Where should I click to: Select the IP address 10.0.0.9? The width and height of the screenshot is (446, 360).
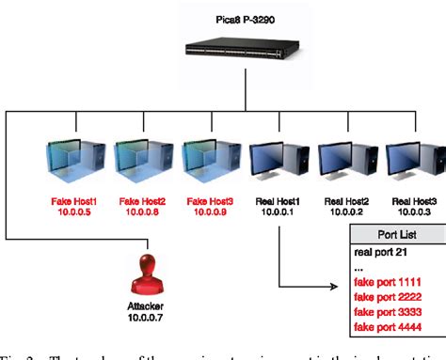212,213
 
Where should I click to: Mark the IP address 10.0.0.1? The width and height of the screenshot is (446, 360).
279,213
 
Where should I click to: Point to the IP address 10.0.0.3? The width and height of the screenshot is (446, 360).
413,213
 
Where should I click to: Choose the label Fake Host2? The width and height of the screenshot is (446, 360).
144,201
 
